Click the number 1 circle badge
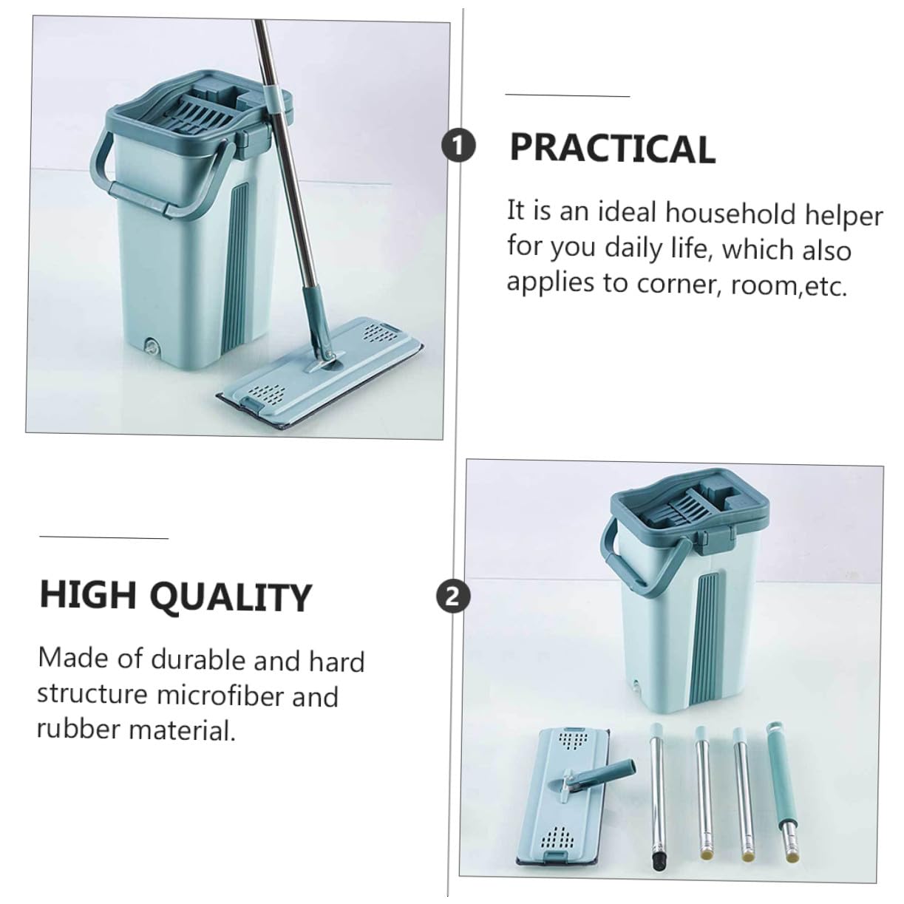click(x=458, y=146)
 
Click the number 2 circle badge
click(x=452, y=597)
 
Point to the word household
click(x=731, y=214)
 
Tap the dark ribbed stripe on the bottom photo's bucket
click(x=707, y=639)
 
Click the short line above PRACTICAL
click(x=567, y=95)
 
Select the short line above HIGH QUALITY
click(x=103, y=537)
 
